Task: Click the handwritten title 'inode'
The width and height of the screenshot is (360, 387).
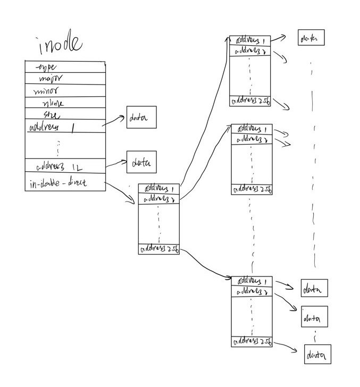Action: coord(60,46)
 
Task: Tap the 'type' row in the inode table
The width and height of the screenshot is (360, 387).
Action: coord(64,67)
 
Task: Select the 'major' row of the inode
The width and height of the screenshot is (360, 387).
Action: coord(64,79)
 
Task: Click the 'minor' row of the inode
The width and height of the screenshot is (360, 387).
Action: coord(64,90)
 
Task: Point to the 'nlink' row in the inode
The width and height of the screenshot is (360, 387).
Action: coord(64,103)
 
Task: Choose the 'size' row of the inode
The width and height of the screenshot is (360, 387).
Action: coord(64,114)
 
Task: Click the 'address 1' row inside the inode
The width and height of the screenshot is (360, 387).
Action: coord(64,127)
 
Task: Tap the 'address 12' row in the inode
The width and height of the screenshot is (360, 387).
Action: coord(64,166)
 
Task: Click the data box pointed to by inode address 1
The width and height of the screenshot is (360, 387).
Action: coord(141,117)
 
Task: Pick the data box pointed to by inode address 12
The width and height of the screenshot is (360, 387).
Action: coord(141,163)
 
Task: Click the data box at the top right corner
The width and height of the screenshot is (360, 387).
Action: coord(311,38)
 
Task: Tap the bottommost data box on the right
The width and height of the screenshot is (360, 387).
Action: coord(317,355)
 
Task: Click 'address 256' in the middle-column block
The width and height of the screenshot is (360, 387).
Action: coord(158,249)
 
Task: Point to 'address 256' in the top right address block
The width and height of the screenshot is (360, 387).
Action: coord(250,100)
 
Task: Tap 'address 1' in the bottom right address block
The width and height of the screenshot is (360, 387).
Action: coord(252,281)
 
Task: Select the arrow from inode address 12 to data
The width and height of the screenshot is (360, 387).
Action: coord(115,164)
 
